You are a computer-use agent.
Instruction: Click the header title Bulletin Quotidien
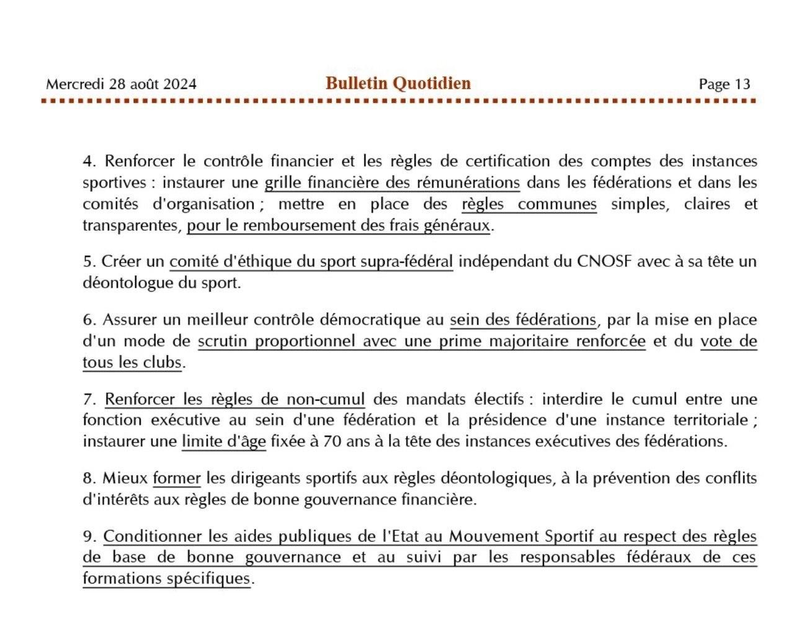coord(398,83)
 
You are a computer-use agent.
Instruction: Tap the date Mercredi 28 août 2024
coord(121,84)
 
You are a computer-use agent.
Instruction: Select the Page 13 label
coord(724,84)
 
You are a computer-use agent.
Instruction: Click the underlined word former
coord(177,479)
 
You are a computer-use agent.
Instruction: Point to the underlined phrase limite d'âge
coord(223,442)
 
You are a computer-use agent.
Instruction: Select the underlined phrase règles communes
coord(529,204)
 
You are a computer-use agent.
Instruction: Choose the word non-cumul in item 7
coord(325,400)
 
